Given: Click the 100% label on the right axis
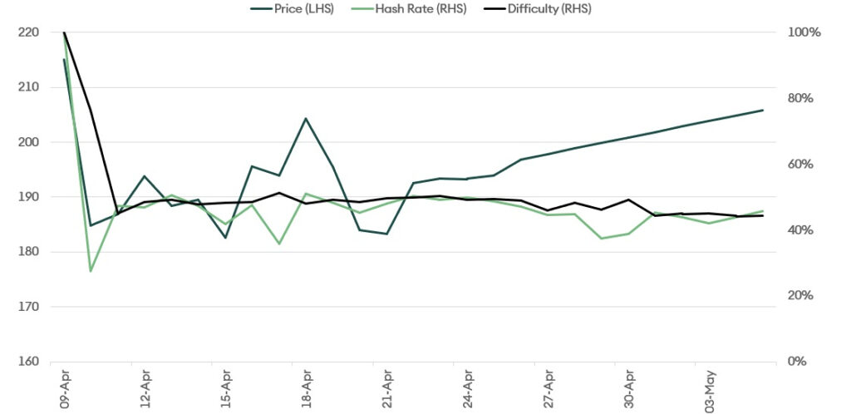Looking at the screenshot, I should (804, 32).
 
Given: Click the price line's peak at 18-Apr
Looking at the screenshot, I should (306, 118).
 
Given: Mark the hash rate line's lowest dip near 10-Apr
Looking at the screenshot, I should (91, 271).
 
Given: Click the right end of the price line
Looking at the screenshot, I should (763, 110).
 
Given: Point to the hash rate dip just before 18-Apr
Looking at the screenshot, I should (279, 244).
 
